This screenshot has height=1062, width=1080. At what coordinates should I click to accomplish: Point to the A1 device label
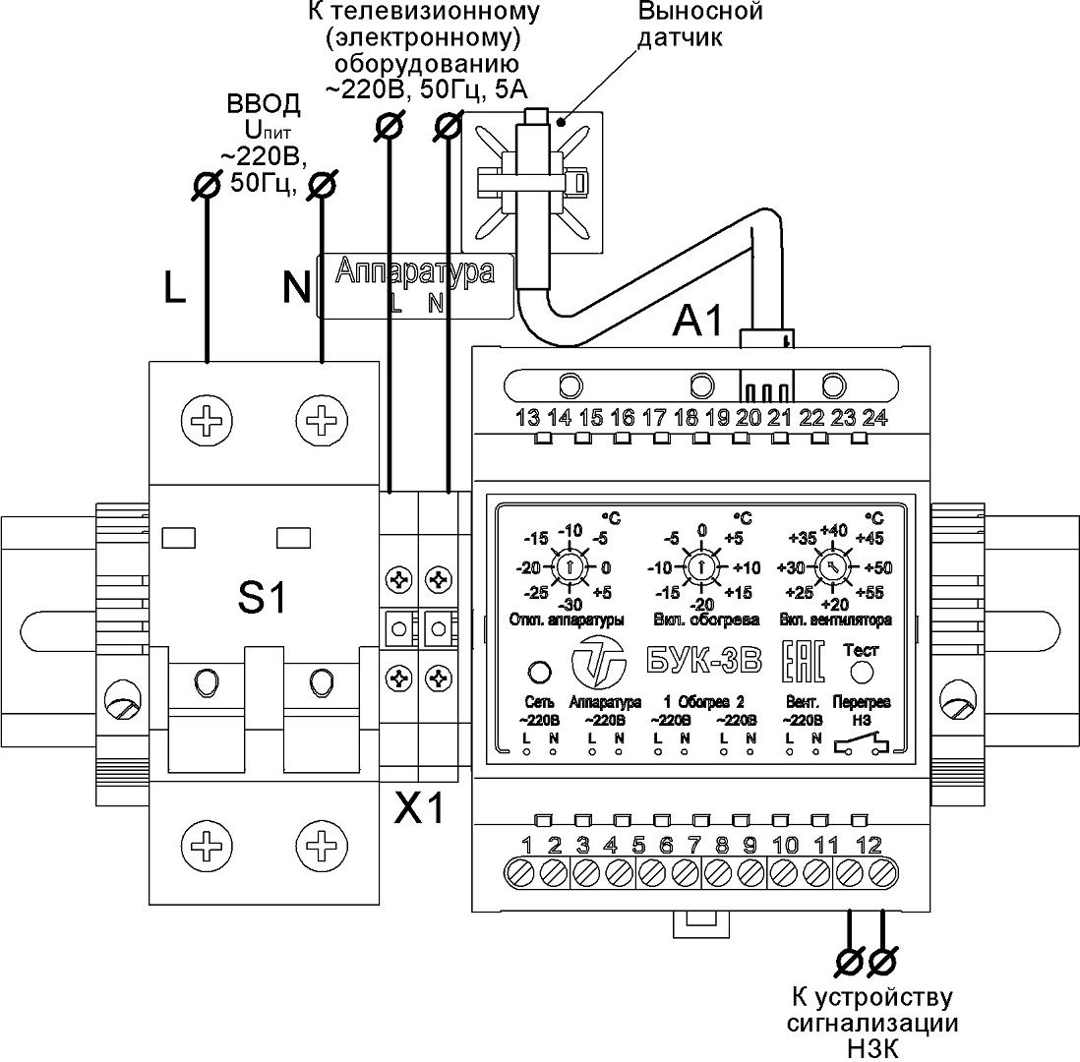coord(698,321)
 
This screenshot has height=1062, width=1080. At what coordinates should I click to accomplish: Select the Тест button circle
coord(861,672)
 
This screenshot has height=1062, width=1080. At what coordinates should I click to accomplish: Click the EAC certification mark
coord(804,661)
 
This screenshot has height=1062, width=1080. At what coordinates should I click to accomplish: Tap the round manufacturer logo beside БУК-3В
coord(598,661)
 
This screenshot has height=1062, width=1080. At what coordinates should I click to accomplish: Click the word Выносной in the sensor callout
coord(699,12)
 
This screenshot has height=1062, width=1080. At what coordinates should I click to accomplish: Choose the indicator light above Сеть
coord(539,672)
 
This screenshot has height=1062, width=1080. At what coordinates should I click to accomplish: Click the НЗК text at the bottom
coord(872,1048)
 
